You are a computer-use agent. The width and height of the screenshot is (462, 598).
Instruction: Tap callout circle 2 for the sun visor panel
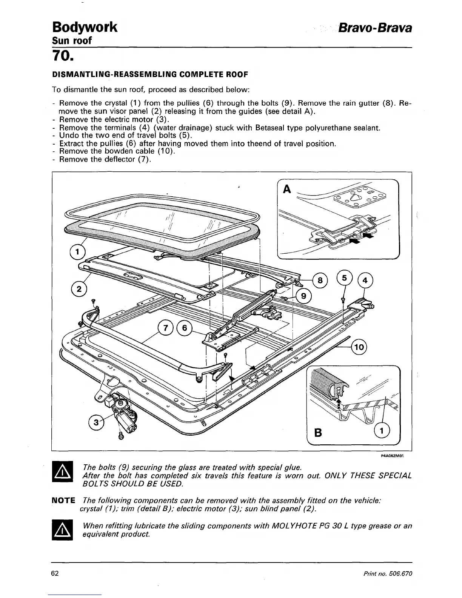79,290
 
